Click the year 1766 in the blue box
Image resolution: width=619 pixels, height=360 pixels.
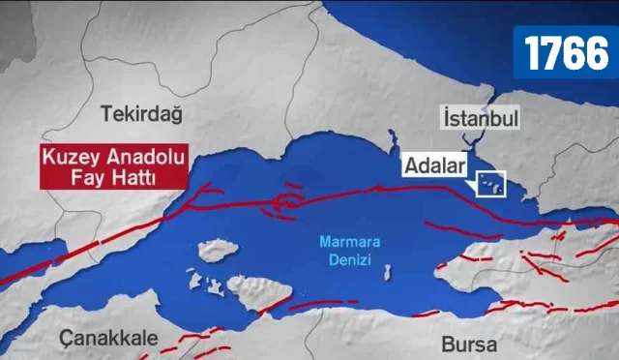coord(567,53)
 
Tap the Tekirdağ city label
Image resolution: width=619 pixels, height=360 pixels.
coord(141,114)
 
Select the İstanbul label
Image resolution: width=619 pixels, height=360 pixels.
coord(481,118)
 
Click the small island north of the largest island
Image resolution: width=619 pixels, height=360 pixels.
coord(219,251)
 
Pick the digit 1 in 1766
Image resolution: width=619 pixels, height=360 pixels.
coord(533,53)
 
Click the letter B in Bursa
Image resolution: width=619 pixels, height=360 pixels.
coord(447,345)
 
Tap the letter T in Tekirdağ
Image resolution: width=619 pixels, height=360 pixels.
coord(106,114)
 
